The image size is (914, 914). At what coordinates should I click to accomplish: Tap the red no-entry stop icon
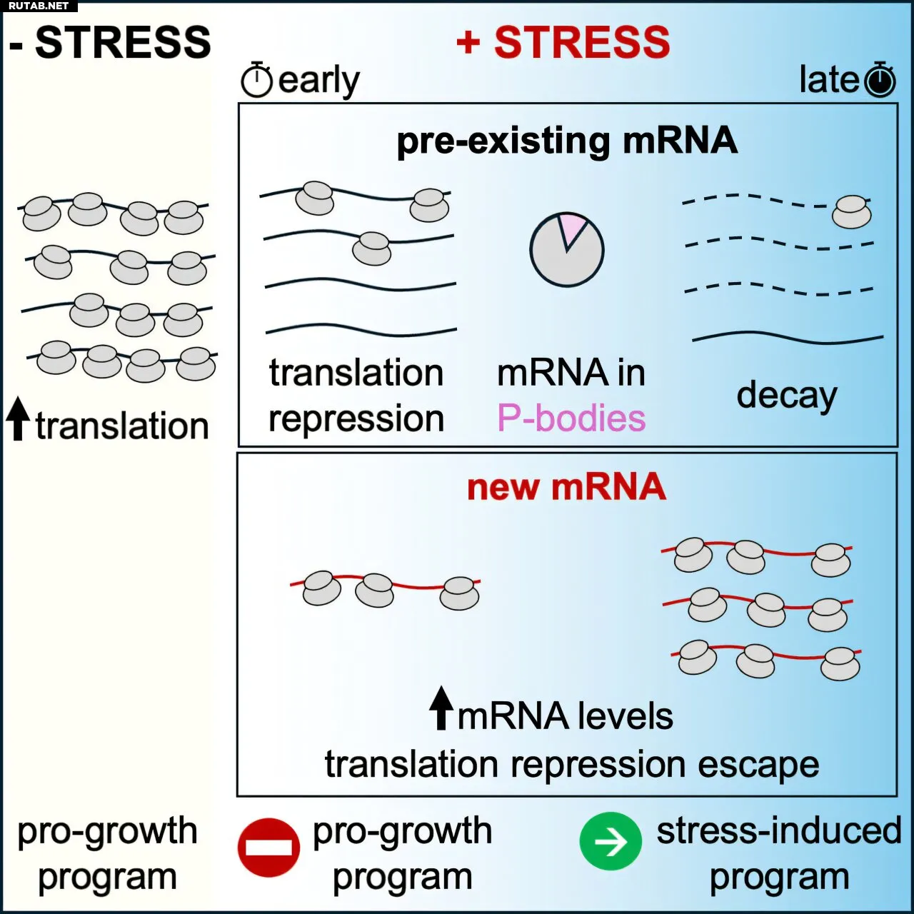pyautogui.click(x=268, y=847)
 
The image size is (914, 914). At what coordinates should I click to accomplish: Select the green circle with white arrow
pyautogui.click(x=611, y=842)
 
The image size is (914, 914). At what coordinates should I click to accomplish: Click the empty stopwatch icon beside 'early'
pyautogui.click(x=256, y=80)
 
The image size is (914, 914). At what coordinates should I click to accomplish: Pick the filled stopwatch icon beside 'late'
pyautogui.click(x=880, y=79)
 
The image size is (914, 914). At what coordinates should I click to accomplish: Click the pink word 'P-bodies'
pyautogui.click(x=571, y=418)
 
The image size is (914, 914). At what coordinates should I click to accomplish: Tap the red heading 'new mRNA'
pyautogui.click(x=566, y=487)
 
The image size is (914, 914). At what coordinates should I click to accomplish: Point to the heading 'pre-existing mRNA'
pyautogui.click(x=567, y=141)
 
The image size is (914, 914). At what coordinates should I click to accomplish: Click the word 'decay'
pyautogui.click(x=786, y=396)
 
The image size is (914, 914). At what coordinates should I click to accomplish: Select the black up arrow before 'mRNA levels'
pyautogui.click(x=441, y=708)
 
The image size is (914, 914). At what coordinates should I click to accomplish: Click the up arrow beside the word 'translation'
pyautogui.click(x=18, y=419)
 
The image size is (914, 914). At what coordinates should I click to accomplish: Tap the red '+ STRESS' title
pyautogui.click(x=563, y=42)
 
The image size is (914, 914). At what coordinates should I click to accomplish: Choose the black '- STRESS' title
pyautogui.click(x=111, y=43)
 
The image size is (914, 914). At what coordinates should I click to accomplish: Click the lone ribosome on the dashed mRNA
pyautogui.click(x=852, y=211)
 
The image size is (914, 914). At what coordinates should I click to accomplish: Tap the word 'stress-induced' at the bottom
pyautogui.click(x=778, y=831)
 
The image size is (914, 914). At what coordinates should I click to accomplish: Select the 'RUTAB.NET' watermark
pyautogui.click(x=39, y=6)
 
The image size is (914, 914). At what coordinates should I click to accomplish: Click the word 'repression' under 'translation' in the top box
pyautogui.click(x=356, y=419)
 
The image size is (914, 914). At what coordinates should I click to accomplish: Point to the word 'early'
pyautogui.click(x=318, y=81)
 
